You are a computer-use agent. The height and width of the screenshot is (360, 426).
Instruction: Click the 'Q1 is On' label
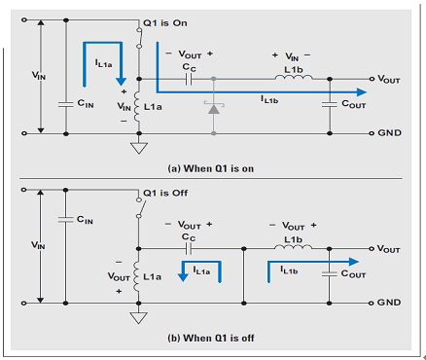[165, 23]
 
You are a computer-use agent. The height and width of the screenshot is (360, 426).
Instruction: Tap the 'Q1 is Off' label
[165, 193]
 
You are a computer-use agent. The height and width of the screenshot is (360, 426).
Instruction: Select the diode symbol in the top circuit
[214, 108]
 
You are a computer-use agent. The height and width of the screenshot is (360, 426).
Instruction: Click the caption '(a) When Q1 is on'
[211, 168]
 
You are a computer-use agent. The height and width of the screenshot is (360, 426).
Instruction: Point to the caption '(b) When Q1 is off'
[211, 338]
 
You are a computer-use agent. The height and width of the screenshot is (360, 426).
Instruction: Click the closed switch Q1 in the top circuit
[139, 38]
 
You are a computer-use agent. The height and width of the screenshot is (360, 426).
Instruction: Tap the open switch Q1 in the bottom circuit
[140, 207]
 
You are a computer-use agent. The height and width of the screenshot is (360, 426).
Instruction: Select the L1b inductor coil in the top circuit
[294, 77]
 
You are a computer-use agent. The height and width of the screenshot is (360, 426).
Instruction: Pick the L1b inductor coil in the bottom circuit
[294, 247]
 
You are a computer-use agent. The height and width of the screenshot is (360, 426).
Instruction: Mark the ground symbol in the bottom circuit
[138, 318]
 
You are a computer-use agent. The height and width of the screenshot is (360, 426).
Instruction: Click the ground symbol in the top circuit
[139, 148]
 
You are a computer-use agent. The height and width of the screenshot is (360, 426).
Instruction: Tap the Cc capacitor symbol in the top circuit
[189, 79]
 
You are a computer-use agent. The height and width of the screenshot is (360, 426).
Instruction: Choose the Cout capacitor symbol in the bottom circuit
[330, 274]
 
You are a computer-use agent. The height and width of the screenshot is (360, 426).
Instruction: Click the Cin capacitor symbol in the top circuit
[66, 104]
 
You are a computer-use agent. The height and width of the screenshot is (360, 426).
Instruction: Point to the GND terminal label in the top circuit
[389, 133]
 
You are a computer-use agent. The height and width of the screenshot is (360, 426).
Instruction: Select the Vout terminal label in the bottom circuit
[388, 249]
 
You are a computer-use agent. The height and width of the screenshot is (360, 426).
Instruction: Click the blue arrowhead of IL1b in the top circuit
[362, 92]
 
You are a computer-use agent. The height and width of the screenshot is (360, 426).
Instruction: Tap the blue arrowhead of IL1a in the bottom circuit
[183, 277]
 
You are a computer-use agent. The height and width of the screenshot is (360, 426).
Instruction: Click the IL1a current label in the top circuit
[104, 63]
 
